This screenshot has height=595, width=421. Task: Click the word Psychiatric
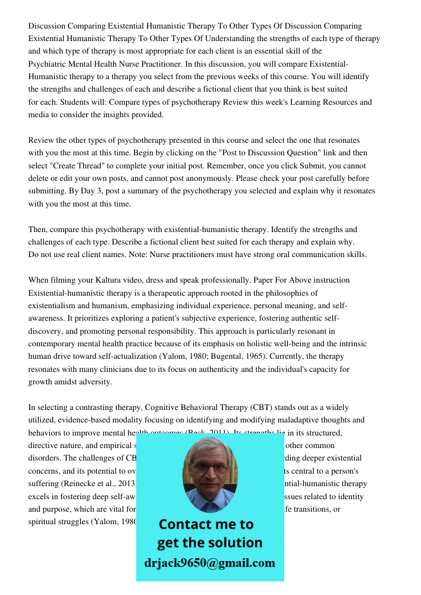pos(49,64)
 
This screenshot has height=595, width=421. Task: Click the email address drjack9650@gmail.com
pos(210,563)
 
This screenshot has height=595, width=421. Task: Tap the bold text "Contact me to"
pos(206,524)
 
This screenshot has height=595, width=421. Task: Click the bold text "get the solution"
pos(209,543)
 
